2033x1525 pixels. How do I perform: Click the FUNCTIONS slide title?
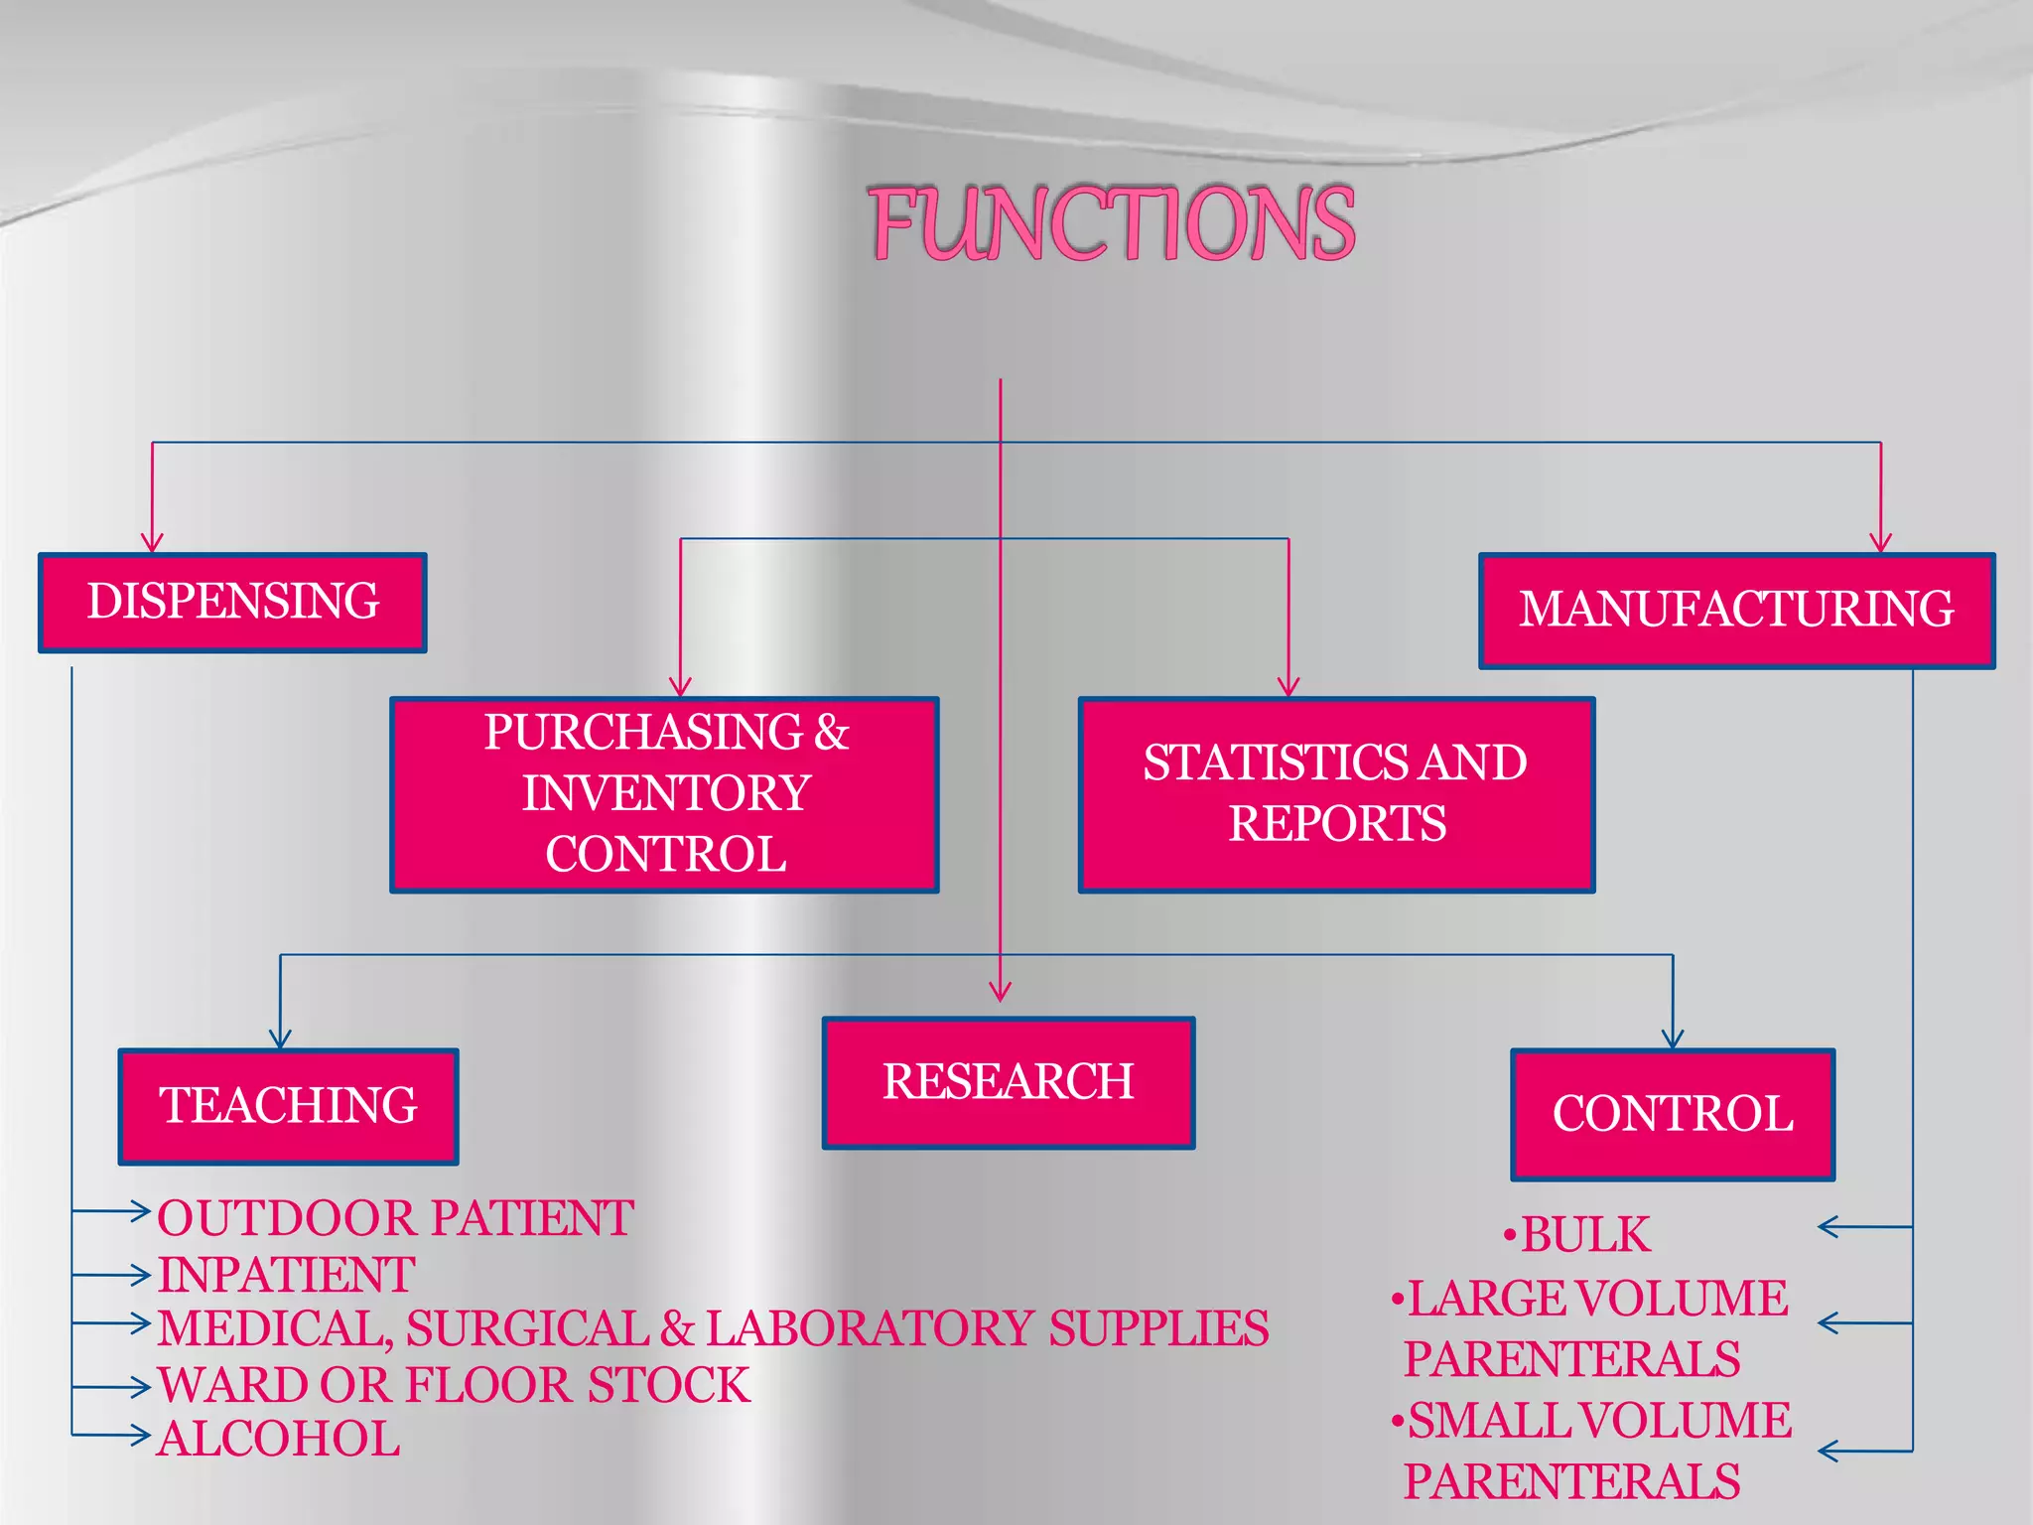(x=1113, y=223)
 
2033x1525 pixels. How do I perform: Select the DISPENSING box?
(x=233, y=603)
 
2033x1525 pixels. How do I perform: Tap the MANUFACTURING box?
(x=1736, y=611)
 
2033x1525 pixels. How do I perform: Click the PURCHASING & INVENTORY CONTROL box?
(x=665, y=794)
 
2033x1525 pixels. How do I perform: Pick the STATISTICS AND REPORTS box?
(x=1336, y=794)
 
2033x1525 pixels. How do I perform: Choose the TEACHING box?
(x=288, y=1106)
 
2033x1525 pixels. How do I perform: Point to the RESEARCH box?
(x=1009, y=1082)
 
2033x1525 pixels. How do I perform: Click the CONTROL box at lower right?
(x=1673, y=1114)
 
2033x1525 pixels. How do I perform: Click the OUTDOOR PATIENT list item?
(x=395, y=1218)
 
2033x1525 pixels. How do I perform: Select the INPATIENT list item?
(x=286, y=1275)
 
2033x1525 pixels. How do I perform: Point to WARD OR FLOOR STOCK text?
(x=454, y=1385)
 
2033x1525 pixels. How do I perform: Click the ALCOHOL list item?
(x=279, y=1440)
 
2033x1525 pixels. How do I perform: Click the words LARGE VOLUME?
(x=1598, y=1299)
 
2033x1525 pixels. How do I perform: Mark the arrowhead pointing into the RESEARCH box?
(x=1001, y=992)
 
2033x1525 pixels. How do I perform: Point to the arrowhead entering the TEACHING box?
(x=280, y=1040)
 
